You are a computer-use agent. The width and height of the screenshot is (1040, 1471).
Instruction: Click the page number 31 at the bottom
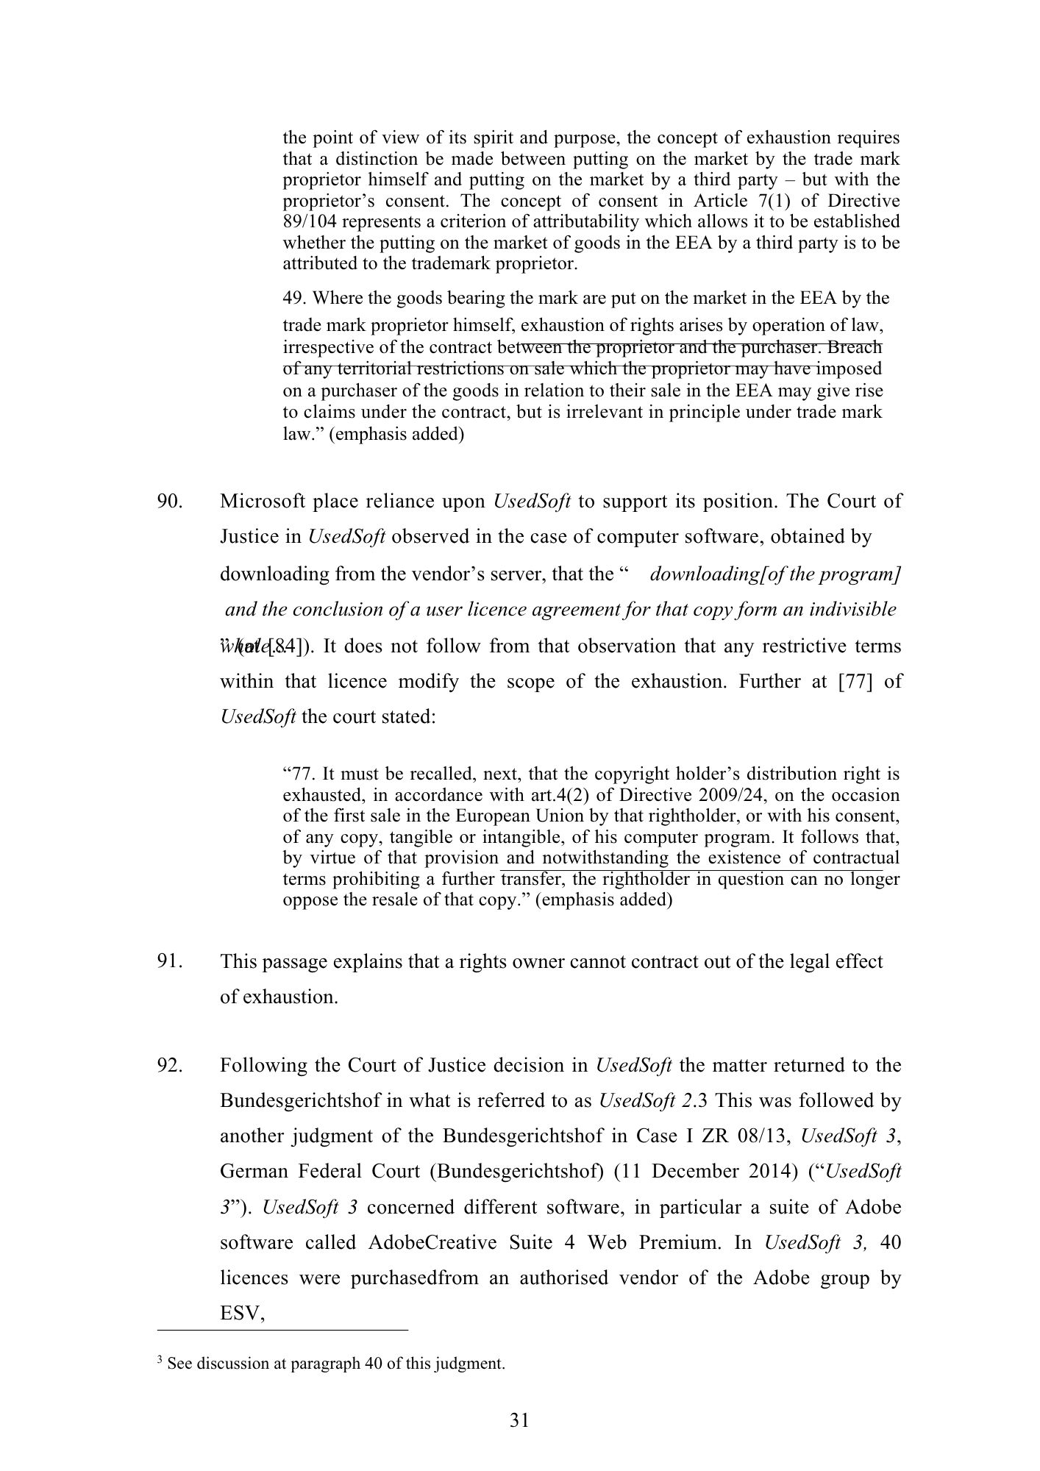(519, 1420)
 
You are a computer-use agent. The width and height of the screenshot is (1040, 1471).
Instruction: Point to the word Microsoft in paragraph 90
(262, 502)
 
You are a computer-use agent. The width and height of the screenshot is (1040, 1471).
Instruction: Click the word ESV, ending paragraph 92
(242, 1314)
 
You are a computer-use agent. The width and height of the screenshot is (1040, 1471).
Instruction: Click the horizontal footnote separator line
(282, 1331)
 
